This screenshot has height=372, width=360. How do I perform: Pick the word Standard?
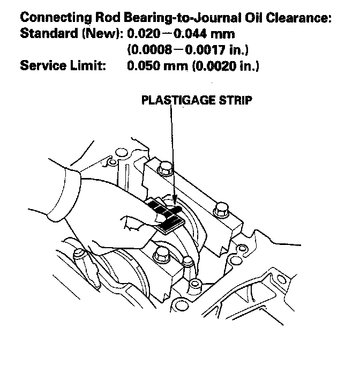click(46, 35)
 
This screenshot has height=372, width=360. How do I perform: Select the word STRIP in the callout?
click(235, 100)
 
